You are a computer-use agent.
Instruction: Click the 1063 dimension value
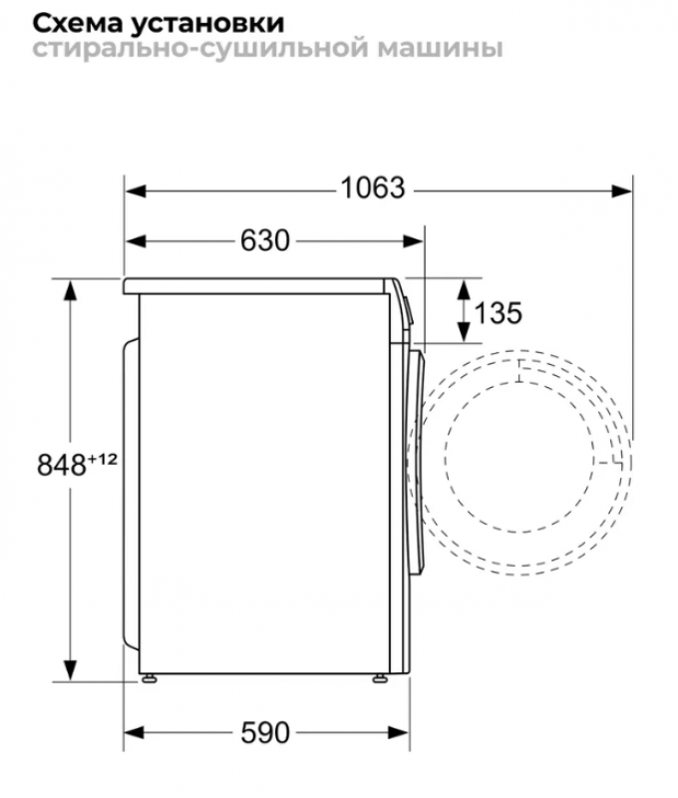click(373, 188)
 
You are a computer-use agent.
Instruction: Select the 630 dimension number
click(265, 240)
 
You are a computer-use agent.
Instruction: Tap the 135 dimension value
click(498, 312)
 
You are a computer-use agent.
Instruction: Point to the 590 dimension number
click(265, 733)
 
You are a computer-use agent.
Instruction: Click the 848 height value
click(62, 465)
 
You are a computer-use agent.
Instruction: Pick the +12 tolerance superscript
click(103, 460)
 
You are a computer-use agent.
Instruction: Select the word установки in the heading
click(206, 24)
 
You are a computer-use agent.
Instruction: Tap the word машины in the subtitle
click(441, 49)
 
